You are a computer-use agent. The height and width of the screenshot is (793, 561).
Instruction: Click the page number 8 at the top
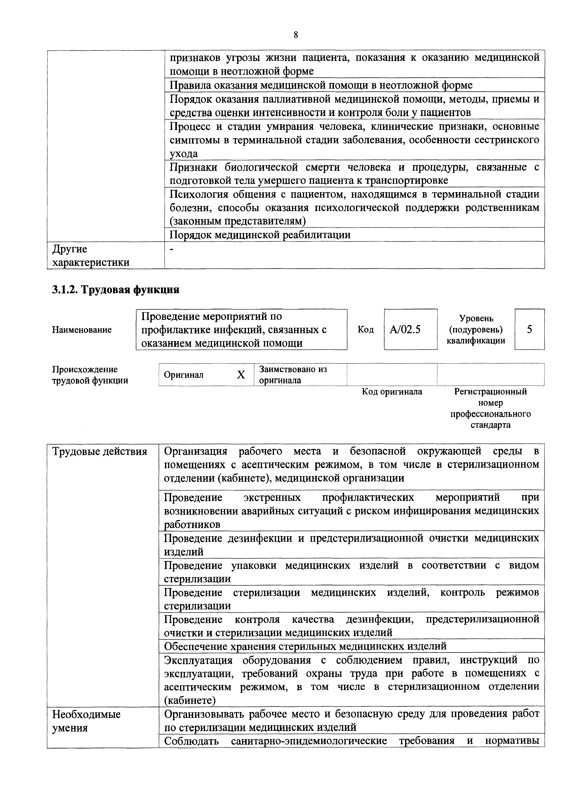295,35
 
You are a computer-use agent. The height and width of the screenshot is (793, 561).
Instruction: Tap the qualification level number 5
529,330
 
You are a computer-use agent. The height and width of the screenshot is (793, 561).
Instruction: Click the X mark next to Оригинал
241,375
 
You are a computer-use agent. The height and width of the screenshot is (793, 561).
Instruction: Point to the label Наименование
82,330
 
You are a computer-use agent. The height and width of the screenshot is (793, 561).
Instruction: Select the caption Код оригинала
392,392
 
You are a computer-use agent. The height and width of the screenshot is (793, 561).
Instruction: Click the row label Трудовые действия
100,451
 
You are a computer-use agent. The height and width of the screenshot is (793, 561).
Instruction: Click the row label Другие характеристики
90,256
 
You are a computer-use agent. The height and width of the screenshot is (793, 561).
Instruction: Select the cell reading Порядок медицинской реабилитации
260,235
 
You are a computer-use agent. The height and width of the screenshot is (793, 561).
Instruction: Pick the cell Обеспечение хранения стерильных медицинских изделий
305,646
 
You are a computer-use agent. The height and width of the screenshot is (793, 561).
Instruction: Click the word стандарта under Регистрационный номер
490,425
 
